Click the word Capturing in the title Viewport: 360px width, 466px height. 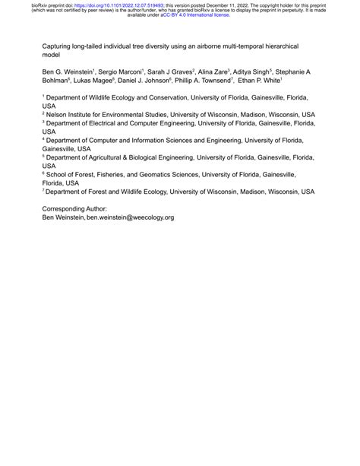[x=59, y=46]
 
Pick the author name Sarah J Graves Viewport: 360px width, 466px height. [x=175, y=71]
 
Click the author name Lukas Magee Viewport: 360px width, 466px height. [x=96, y=81]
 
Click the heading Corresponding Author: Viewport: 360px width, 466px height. [x=74, y=208]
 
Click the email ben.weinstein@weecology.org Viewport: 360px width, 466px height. [x=131, y=217]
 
